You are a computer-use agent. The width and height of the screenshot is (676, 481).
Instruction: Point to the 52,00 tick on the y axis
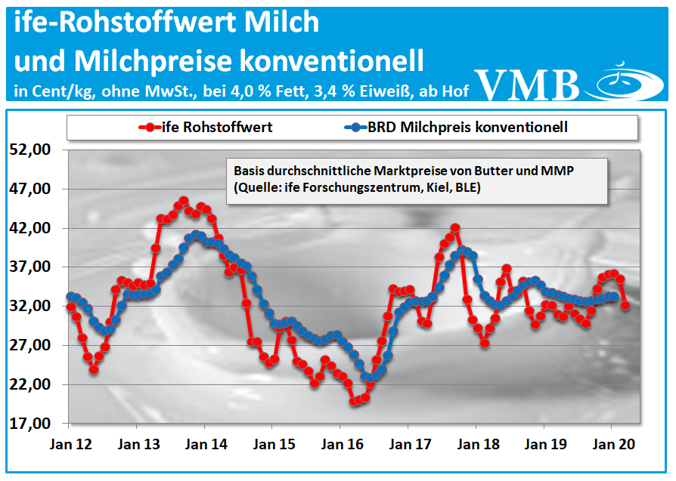point(31,150)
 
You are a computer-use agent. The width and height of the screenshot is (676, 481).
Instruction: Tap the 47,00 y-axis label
point(31,189)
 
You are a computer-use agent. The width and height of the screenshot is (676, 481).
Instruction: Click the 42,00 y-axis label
point(31,228)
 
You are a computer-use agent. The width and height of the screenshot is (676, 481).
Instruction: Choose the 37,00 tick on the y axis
point(31,267)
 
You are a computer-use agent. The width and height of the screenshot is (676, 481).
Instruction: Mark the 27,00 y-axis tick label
point(31,346)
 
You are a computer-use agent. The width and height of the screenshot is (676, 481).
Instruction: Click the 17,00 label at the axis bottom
point(31,424)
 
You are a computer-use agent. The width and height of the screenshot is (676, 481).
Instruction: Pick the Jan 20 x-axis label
point(610,445)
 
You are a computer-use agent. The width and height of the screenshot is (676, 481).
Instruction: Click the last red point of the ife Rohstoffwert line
point(625,305)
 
